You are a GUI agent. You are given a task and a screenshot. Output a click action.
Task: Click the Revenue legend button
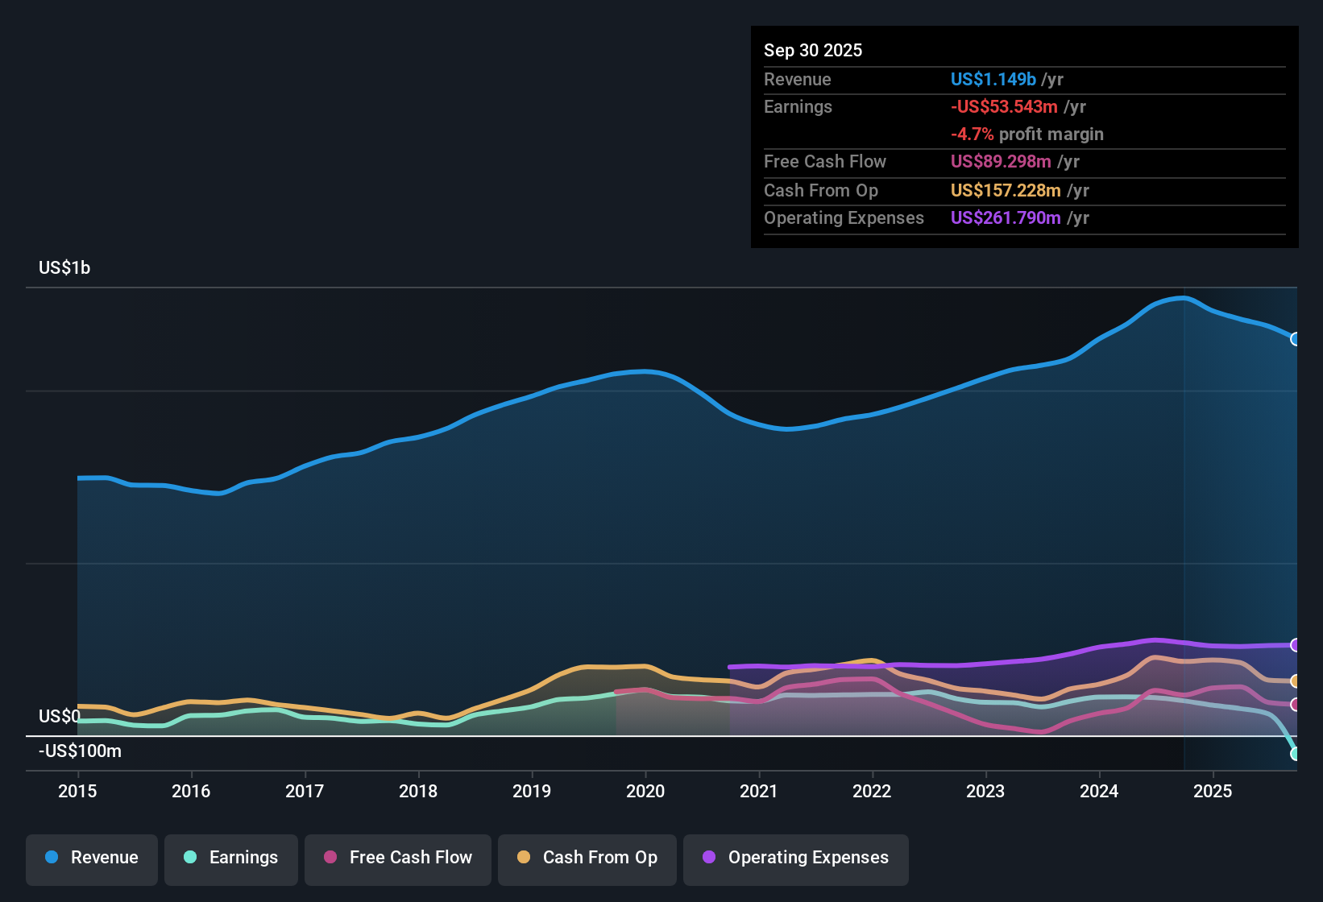92,859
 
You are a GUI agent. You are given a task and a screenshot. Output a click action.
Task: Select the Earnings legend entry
231,859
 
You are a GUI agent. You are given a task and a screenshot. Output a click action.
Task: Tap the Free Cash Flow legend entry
398,859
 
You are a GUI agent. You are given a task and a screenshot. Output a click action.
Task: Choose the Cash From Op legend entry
587,859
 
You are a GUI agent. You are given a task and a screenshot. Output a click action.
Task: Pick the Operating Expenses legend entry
796,859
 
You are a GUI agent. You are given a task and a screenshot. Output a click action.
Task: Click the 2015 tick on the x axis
77,791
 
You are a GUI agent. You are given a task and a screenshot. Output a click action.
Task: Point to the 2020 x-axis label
645,791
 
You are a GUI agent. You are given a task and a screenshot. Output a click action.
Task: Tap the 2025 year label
1213,791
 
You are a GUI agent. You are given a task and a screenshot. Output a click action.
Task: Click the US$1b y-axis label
64,268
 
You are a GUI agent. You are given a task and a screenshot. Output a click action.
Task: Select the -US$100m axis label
80,751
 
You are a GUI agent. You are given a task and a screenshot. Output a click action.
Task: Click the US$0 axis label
60,717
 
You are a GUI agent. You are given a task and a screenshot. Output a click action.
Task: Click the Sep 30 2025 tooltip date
812,51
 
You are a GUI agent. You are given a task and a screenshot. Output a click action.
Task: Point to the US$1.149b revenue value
993,80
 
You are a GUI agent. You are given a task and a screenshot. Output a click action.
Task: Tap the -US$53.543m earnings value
1004,107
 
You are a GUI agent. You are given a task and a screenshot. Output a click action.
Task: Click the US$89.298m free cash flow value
1001,162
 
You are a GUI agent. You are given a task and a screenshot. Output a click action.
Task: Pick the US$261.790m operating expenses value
1006,218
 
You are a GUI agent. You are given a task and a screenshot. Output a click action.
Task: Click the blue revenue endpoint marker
1295,339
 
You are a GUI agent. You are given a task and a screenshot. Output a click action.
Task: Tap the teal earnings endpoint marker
1295,754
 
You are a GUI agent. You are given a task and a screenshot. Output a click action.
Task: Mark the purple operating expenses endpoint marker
1295,645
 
